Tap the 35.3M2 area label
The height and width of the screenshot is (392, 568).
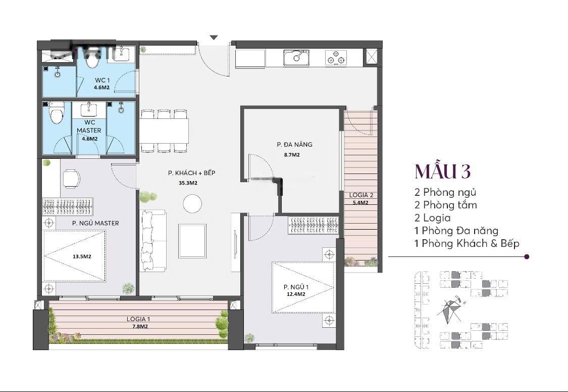(x=188, y=183)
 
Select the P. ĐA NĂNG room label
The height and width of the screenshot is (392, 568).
(x=294, y=145)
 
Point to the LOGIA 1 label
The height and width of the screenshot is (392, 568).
(x=138, y=319)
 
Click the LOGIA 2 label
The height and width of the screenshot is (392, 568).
(x=361, y=195)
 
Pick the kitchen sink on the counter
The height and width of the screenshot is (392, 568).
(x=296, y=58)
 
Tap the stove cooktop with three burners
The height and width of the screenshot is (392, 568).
(x=336, y=58)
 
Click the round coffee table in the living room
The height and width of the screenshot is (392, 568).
(x=192, y=204)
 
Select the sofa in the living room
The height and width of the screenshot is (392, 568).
(x=153, y=240)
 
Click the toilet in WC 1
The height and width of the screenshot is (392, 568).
(x=93, y=60)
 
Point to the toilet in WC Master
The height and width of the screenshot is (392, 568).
(x=57, y=113)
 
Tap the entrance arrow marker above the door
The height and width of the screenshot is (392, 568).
(x=214, y=37)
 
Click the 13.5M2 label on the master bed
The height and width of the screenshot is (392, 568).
(x=82, y=256)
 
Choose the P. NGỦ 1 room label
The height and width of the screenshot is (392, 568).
(x=296, y=287)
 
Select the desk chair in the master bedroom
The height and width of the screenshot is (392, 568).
(x=71, y=179)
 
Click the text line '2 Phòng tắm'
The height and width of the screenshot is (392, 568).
(x=445, y=205)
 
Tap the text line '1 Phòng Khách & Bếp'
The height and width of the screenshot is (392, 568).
(x=467, y=243)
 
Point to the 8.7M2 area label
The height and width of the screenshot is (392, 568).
(x=292, y=155)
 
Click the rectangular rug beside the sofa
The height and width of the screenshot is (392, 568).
(x=192, y=241)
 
